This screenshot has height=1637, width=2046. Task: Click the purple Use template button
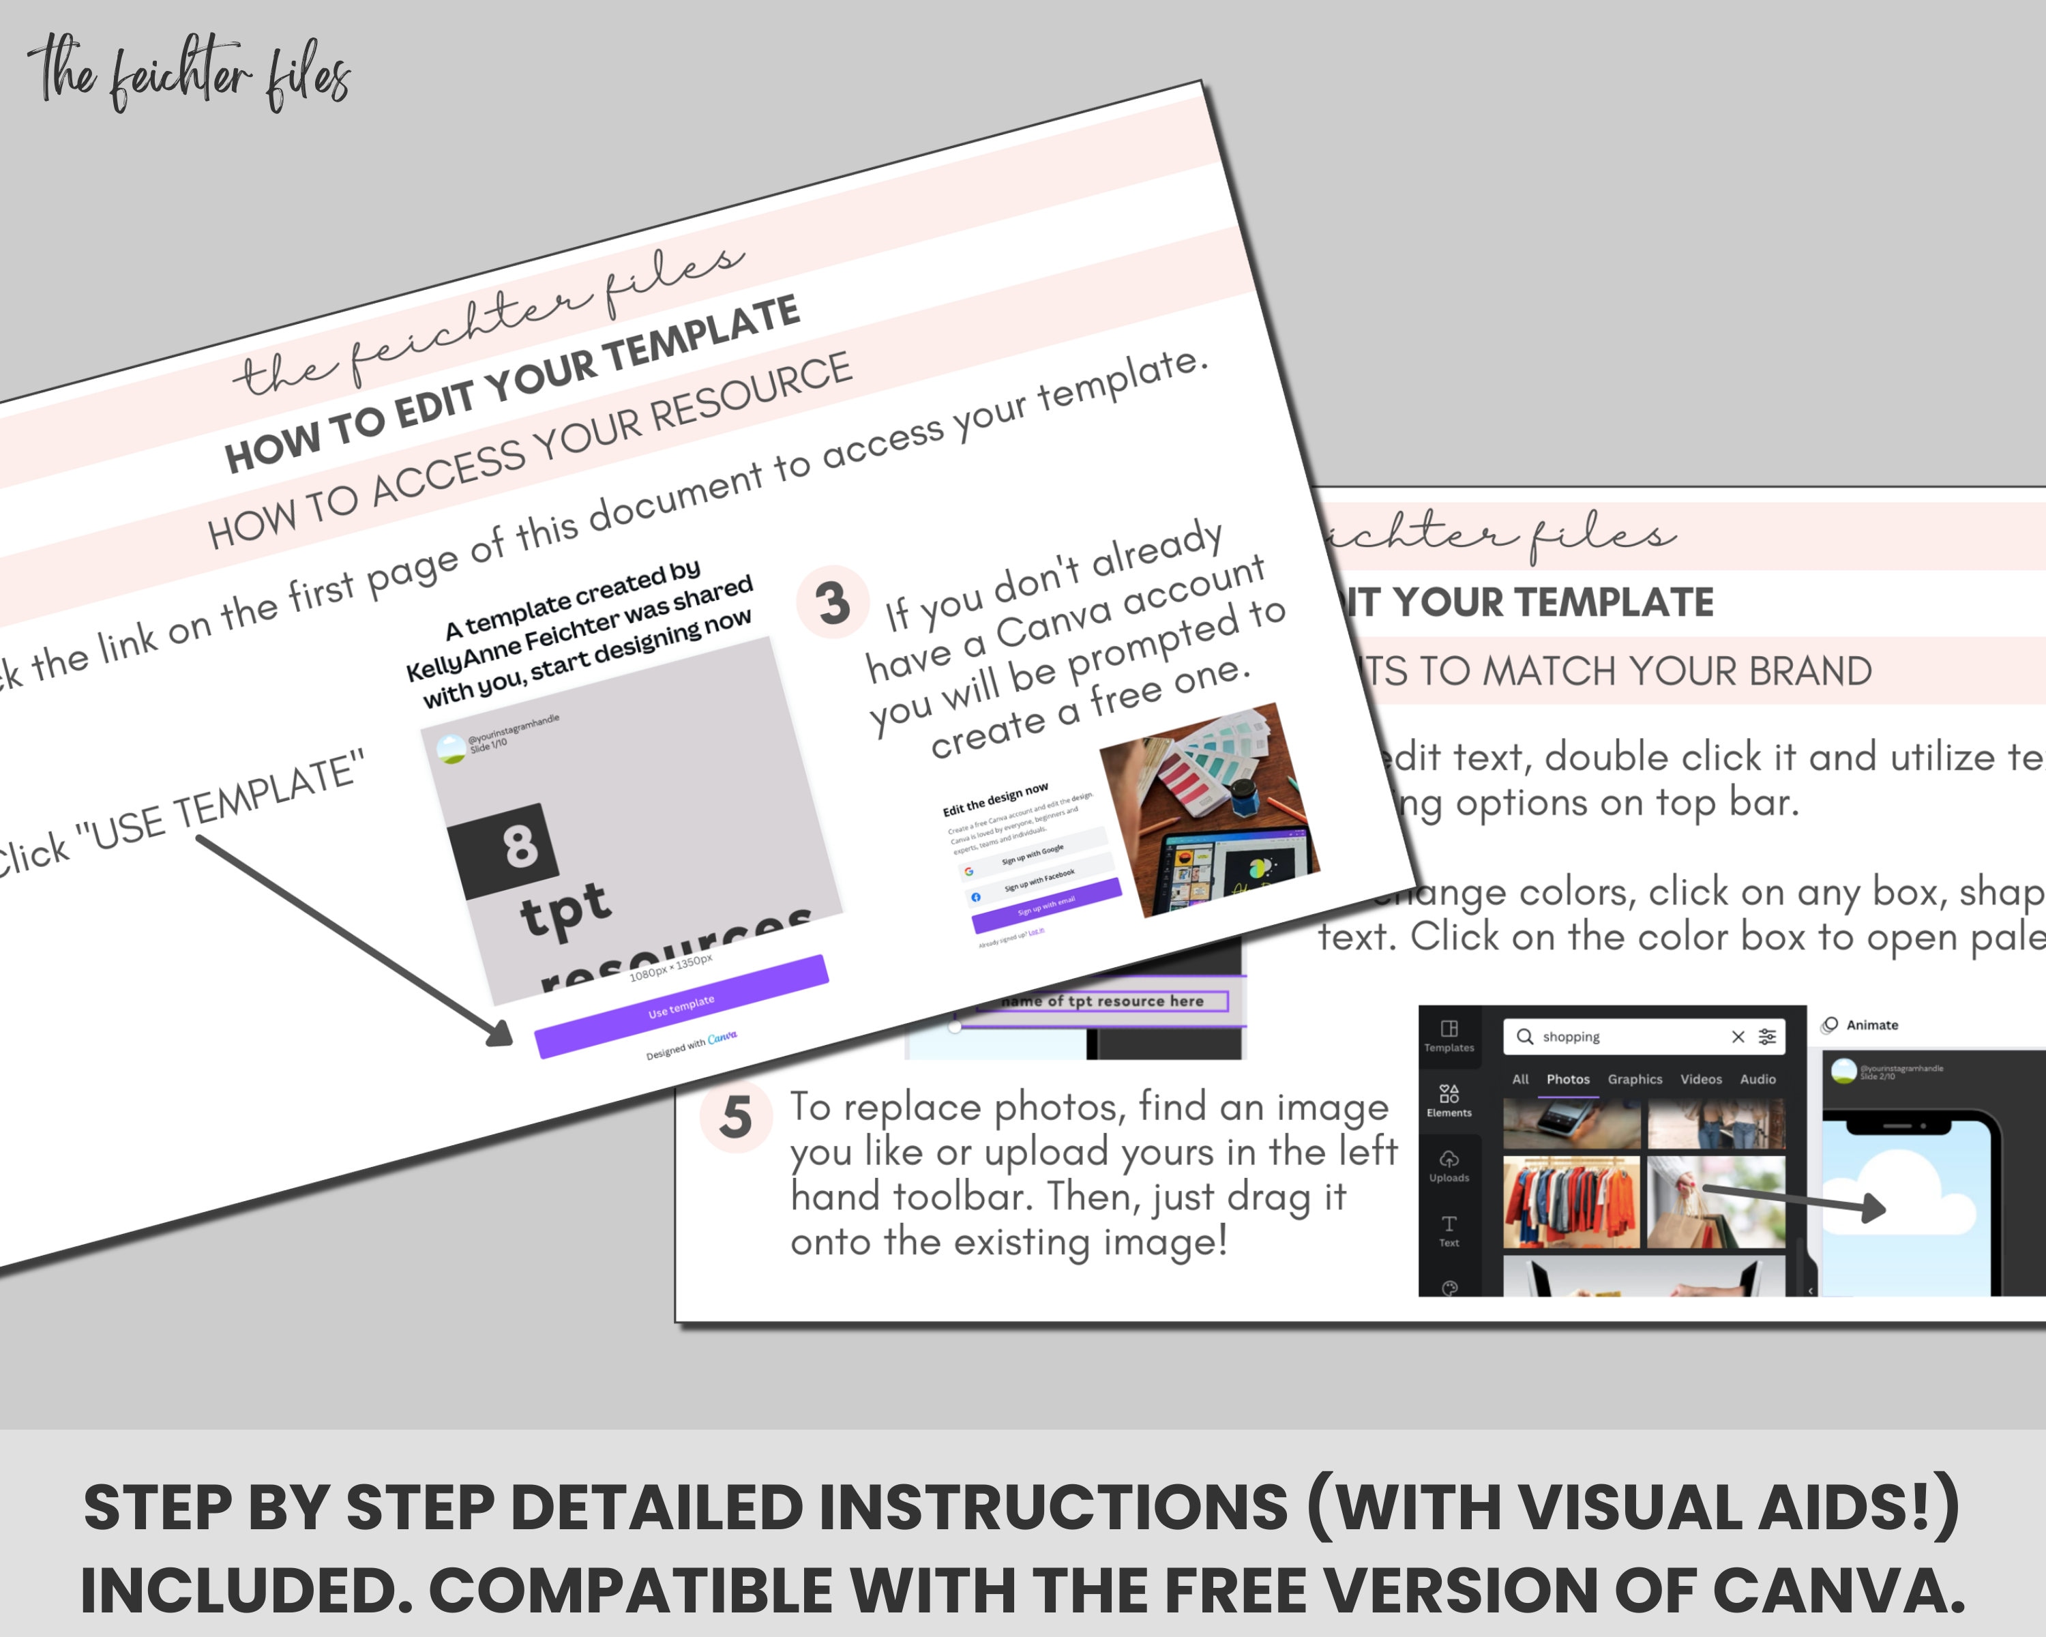(681, 1007)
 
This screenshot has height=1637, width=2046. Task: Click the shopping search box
(1622, 1036)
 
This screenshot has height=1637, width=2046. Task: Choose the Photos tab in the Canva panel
(1568, 1079)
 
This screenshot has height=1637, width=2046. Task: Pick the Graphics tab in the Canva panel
(1634, 1079)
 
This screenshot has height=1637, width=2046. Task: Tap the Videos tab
(1701, 1079)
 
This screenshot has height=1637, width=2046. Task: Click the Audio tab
(1758, 1079)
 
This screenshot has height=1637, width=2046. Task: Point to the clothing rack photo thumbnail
(1571, 1201)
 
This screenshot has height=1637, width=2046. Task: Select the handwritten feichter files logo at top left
(190, 74)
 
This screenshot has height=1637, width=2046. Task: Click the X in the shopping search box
(1738, 1036)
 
